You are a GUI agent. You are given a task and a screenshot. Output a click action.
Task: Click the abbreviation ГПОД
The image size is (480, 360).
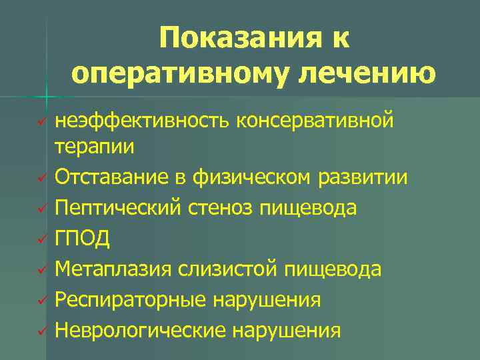pos(83,238)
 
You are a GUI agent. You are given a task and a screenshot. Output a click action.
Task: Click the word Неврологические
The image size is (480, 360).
pos(141,330)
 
